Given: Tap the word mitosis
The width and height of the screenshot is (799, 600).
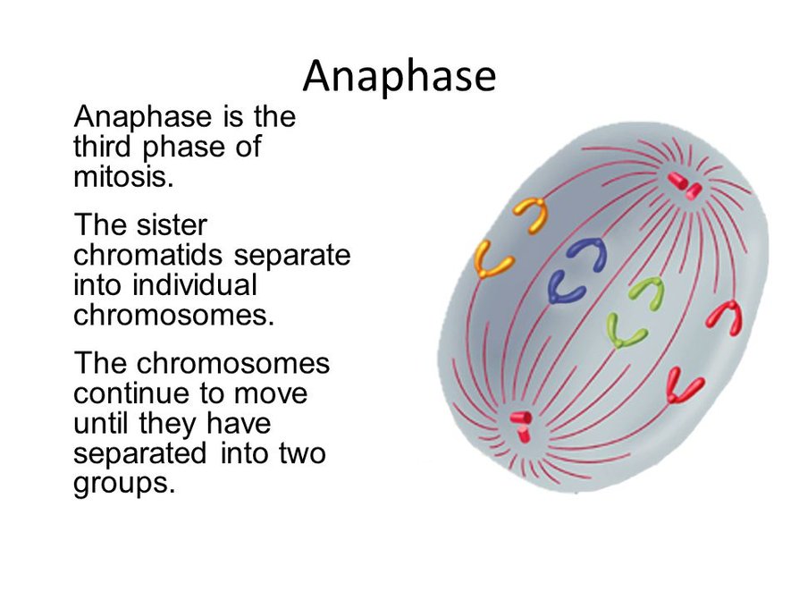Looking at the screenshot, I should coord(119,176).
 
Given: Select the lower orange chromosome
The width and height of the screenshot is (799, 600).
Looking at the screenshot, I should coord(492,259).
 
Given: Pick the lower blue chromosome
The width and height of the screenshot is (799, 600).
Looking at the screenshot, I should coord(566,286).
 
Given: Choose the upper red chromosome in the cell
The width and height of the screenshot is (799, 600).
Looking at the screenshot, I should coord(725,317).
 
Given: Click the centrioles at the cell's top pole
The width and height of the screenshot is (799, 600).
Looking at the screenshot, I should coord(685,185).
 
